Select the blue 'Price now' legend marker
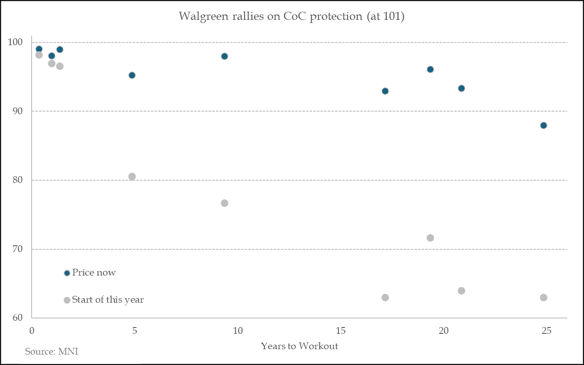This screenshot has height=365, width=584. click(x=67, y=273)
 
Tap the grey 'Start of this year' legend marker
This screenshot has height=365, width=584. click(x=67, y=300)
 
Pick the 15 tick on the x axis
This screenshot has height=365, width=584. click(x=340, y=331)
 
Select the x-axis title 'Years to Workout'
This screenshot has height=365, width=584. click(x=299, y=346)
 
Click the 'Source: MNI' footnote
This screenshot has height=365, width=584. click(x=48, y=351)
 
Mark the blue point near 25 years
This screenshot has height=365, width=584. click(x=543, y=125)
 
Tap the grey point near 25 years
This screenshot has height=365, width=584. click(x=543, y=297)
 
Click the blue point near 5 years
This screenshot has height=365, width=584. click(x=132, y=75)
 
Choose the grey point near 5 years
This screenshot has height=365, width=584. click(x=132, y=176)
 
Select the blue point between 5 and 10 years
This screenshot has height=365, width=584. click(x=224, y=56)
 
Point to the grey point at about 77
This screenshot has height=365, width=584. click(x=224, y=203)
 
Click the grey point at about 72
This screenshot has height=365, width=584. click(x=430, y=238)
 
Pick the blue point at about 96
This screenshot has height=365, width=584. click(x=430, y=69)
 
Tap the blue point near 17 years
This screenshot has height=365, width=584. click(x=385, y=91)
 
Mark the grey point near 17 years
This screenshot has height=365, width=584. click(x=385, y=297)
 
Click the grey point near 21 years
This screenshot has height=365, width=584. click(x=461, y=290)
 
